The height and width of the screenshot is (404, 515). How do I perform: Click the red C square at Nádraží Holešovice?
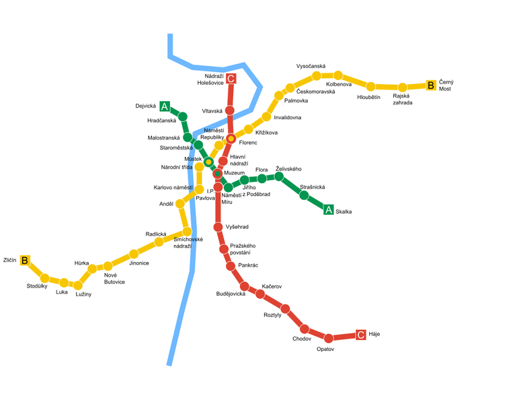231,79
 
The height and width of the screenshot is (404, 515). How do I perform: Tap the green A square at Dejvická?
165,106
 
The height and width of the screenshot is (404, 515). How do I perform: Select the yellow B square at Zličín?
25,261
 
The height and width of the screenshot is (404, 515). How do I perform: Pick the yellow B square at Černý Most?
431,86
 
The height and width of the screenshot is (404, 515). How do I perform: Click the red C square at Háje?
361,335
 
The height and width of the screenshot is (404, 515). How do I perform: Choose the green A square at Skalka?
329,209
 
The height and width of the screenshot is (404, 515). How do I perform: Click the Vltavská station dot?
230,110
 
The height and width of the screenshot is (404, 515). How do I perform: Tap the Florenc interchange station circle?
231,139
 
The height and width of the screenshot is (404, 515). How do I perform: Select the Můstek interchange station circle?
208,162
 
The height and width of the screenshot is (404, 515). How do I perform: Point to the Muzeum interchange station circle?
218,174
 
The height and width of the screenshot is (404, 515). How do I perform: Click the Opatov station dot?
329,338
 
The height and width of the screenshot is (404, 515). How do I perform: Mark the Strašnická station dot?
304,196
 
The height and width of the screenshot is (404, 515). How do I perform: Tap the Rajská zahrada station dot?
402,88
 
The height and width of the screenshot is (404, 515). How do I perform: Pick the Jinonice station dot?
134,254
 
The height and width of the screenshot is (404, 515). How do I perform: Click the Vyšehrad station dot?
218,227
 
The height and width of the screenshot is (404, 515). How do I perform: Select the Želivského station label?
288,168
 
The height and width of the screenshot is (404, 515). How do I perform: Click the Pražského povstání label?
243,249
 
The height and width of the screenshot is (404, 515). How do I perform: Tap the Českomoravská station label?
315,92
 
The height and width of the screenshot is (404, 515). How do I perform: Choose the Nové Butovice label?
114,278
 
